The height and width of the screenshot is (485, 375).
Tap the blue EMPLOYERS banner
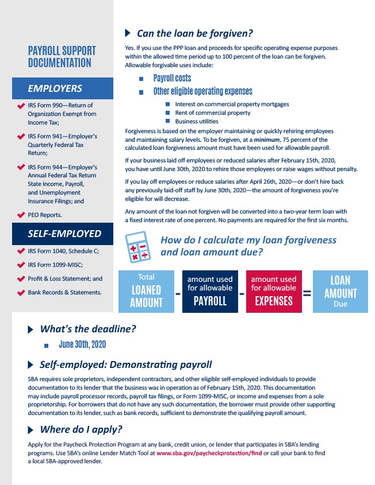63,88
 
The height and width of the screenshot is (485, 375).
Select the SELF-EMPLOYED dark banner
63,234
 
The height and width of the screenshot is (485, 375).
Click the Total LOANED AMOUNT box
146,291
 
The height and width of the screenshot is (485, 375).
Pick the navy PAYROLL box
210,291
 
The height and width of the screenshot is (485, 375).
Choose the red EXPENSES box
274,291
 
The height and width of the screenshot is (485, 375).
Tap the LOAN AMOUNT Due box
340,291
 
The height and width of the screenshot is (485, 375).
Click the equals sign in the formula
307,293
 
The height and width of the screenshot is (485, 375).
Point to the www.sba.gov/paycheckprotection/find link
209,453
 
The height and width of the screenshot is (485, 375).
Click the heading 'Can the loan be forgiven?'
195,33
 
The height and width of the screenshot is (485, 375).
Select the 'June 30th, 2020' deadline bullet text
82,345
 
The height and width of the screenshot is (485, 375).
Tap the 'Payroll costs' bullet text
172,78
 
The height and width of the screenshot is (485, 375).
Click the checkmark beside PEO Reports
21,215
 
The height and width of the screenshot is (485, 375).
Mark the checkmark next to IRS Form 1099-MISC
21,265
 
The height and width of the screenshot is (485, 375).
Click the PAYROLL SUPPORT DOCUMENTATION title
62,57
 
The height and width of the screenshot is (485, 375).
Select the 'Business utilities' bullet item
197,122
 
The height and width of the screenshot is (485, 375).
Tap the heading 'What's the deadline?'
87,329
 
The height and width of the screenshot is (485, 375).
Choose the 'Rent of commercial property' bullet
213,113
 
